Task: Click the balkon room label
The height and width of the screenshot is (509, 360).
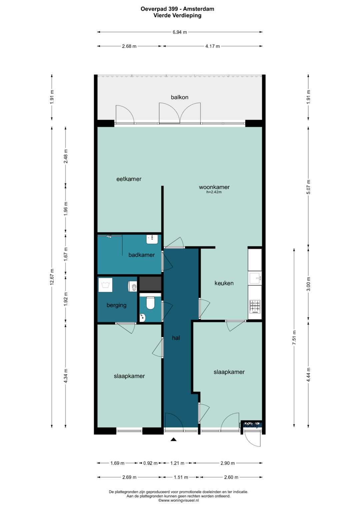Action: [180, 97]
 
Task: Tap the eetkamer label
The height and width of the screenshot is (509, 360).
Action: [129, 179]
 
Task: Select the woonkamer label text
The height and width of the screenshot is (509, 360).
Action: [214, 187]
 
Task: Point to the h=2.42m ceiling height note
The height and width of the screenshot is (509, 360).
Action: [214, 192]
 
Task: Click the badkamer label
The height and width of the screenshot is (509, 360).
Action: [142, 255]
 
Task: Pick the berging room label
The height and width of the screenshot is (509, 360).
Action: [116, 305]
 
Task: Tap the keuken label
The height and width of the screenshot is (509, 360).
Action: [224, 283]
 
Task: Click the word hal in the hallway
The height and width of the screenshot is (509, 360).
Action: [176, 338]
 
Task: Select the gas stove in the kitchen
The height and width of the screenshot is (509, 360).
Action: [255, 307]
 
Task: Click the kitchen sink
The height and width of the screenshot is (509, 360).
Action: [255, 278]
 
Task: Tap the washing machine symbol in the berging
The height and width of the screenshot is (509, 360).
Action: [105, 285]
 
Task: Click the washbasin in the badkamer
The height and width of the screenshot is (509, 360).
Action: [152, 239]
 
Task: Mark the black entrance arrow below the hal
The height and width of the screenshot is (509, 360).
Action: [174, 439]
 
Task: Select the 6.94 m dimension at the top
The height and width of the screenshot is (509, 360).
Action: [180, 32]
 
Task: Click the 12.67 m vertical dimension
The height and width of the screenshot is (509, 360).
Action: [52, 277]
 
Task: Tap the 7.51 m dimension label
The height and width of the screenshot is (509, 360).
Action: [294, 337]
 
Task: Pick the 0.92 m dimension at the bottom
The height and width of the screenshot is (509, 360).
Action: [150, 463]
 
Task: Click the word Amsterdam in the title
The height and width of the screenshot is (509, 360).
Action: [198, 9]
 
